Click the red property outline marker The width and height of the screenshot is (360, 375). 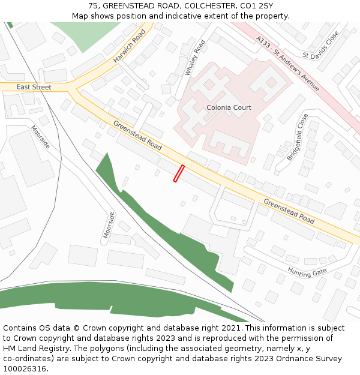pyautogui.click(x=179, y=173)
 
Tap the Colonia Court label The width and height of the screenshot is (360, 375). pyautogui.click(x=229, y=107)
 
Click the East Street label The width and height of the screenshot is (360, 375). pyautogui.click(x=34, y=88)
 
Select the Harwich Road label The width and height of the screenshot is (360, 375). pyautogui.click(x=129, y=46)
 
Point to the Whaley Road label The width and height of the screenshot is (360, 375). pyautogui.click(x=196, y=58)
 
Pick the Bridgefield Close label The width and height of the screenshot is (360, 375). pyautogui.click(x=298, y=137)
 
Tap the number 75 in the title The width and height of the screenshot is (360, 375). pyautogui.click(x=92, y=6)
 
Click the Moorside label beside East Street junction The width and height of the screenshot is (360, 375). pyautogui.click(x=41, y=137)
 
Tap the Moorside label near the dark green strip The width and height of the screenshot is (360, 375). pyautogui.click(x=108, y=224)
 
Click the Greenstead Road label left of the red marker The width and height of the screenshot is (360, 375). pyautogui.click(x=137, y=136)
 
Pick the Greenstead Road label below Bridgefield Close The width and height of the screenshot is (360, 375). pyautogui.click(x=289, y=211)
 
